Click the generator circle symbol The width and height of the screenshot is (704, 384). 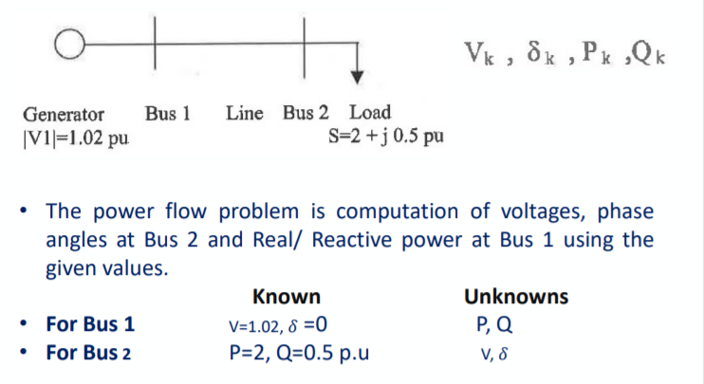[65, 44]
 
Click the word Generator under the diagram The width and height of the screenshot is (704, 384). [64, 114]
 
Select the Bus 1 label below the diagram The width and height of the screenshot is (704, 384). [169, 114]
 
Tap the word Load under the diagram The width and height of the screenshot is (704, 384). [370, 114]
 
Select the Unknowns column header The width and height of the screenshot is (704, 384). [516, 296]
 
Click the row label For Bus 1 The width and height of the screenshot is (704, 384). [91, 324]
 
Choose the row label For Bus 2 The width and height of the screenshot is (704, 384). [91, 353]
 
